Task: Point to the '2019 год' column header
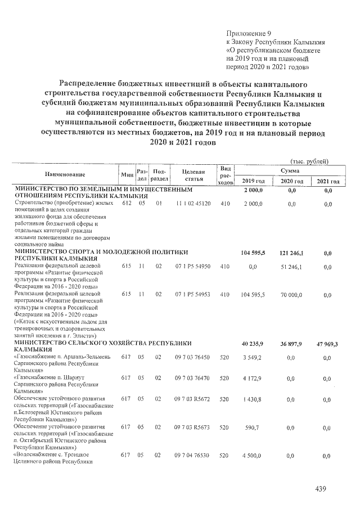[x=253, y=181]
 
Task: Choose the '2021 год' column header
[x=327, y=181]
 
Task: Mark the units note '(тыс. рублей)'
[x=308, y=161]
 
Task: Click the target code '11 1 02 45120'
[x=192, y=202]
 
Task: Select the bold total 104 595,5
[x=253, y=253]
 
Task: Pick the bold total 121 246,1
[x=290, y=253]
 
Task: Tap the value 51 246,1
[x=291, y=268]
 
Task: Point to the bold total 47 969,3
[x=327, y=345]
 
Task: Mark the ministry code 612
[x=126, y=202]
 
